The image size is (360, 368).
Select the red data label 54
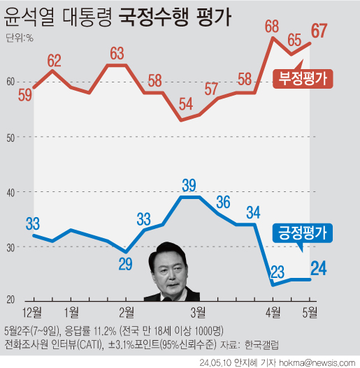pos(185,105)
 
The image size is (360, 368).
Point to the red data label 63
pos(117,52)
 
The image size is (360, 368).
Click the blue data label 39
pos(189,185)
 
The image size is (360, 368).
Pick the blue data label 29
pos(126,264)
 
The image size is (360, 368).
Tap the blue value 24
pos(319,267)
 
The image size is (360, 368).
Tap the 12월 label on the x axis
pos(33,310)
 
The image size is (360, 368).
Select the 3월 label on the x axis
pos(198,310)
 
